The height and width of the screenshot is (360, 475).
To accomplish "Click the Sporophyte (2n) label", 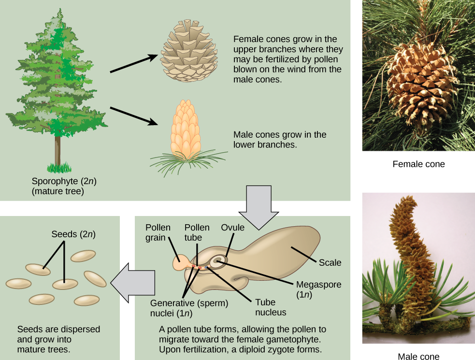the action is tap(64, 186).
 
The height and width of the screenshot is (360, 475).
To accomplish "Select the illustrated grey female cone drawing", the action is tap(189, 50).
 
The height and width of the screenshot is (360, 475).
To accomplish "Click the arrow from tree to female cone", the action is tap(134, 63).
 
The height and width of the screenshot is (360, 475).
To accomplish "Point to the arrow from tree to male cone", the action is tap(134, 116).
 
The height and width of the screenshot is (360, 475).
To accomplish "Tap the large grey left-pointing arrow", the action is tap(133, 283).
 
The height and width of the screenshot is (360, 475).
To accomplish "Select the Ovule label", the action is tap(232, 228).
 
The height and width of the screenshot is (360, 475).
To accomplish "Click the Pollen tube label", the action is tap(197, 232).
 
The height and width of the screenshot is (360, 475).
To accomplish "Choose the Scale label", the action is tap(330, 262).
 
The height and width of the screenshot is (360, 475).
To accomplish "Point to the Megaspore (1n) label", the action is tap(319, 289).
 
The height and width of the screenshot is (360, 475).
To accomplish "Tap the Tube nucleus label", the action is tap(271, 307).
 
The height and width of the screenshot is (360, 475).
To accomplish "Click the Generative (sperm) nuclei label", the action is tap(189, 308).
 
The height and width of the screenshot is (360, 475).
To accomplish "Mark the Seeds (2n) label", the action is tap(73, 234).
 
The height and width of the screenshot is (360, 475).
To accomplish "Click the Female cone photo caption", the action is tap(418, 164).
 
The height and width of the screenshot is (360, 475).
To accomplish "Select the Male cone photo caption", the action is tap(418, 356).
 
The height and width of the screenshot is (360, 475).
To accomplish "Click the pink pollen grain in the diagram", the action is tap(181, 262).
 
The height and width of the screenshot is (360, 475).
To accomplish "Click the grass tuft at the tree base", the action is tap(59, 168).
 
